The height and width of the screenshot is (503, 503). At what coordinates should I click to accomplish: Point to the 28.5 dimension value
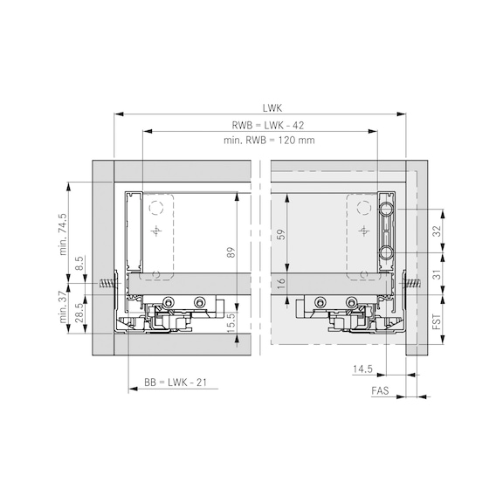coord(79,313)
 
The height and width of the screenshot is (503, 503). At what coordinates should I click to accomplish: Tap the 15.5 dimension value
coord(231,320)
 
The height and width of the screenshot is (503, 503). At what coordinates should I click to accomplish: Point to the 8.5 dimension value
coord(79,262)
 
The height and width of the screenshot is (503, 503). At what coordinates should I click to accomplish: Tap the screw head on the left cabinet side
coord(107,283)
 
